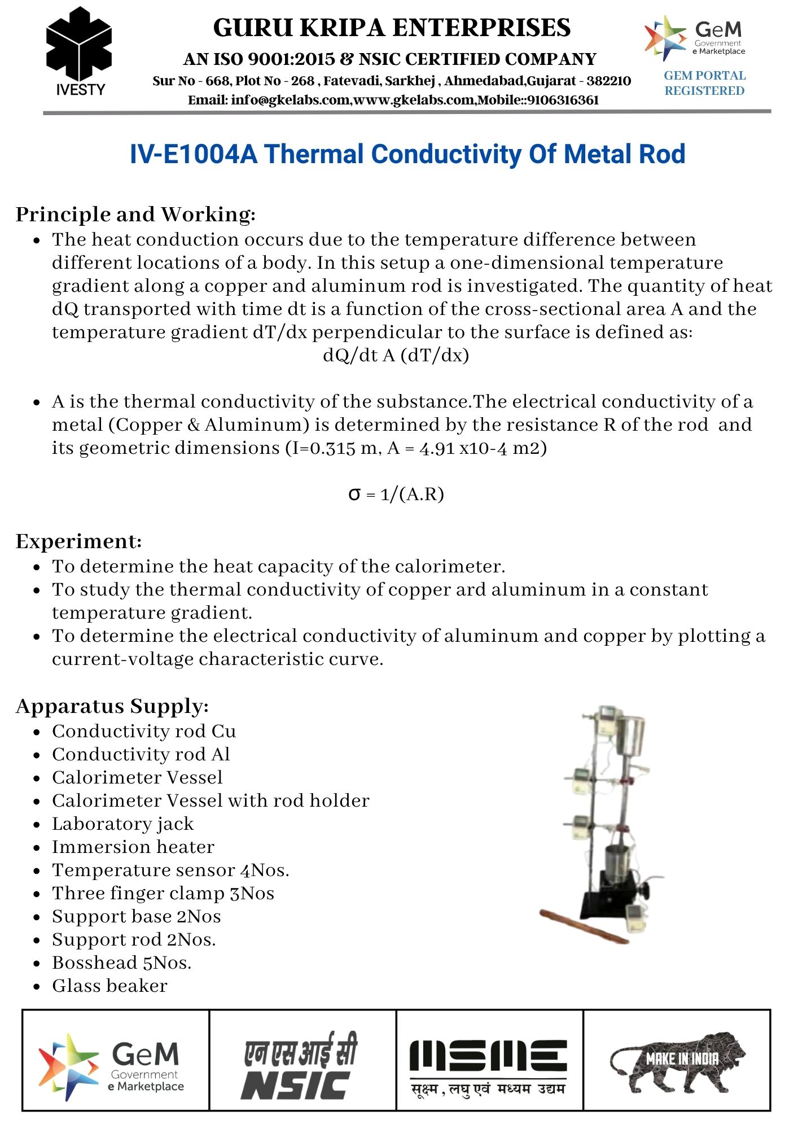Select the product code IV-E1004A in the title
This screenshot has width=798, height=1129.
(194, 154)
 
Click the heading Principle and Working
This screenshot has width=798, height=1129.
(135, 215)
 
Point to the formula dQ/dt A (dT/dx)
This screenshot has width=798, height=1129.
(396, 355)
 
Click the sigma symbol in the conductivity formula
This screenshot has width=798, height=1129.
(354, 495)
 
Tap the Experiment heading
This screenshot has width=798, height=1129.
(78, 541)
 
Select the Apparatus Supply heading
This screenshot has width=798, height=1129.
(112, 706)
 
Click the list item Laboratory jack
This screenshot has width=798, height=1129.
(122, 824)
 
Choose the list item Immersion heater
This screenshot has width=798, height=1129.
(133, 847)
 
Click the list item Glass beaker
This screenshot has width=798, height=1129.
(109, 986)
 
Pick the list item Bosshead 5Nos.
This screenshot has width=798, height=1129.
(121, 962)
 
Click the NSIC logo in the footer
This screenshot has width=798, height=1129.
(301, 1066)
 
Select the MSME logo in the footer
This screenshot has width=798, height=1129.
(489, 1066)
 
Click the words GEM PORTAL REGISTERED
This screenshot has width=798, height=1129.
(704, 83)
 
